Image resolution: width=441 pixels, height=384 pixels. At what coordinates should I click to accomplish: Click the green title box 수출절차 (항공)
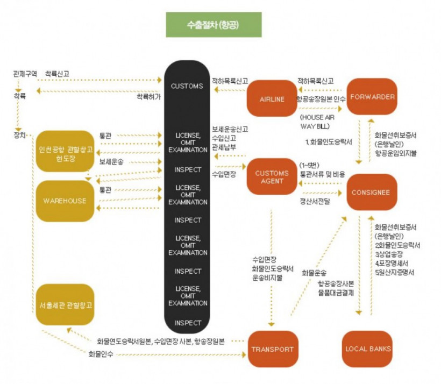(x=214, y=25)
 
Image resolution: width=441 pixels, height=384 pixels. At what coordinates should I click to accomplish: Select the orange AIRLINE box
(x=272, y=99)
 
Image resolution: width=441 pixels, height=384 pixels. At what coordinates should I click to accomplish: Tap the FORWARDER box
(x=372, y=97)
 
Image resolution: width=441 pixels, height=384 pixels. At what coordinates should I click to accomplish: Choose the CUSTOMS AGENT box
(x=272, y=176)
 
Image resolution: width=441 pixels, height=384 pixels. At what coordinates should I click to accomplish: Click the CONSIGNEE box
(x=372, y=192)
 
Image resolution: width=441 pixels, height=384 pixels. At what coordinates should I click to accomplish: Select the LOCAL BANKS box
(x=372, y=349)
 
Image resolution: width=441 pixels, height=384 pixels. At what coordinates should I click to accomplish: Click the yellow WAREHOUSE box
(x=65, y=201)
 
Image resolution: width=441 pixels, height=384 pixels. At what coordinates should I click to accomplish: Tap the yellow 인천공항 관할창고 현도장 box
(x=65, y=149)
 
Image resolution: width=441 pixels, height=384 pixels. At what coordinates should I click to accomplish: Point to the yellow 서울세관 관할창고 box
(x=65, y=304)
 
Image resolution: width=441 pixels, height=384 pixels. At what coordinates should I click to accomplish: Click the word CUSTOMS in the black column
(x=186, y=86)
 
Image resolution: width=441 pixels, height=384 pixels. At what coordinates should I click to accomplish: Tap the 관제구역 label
(x=25, y=73)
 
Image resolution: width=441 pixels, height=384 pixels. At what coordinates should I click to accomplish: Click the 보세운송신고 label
(x=230, y=129)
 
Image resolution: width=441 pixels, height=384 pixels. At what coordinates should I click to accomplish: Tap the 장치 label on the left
(x=19, y=134)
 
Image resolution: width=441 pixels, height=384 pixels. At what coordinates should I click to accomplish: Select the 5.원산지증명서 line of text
(x=398, y=273)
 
